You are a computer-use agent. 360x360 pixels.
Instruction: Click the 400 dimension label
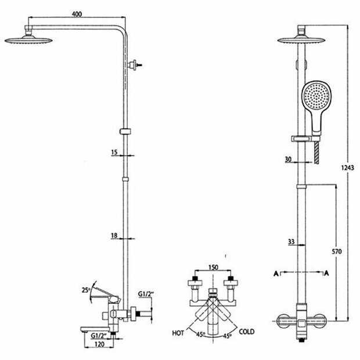click(x=77, y=14)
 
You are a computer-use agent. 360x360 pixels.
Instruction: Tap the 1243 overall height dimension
click(x=347, y=168)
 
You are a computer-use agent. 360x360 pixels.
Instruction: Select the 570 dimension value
click(x=337, y=251)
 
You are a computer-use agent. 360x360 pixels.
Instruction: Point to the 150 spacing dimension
click(x=213, y=268)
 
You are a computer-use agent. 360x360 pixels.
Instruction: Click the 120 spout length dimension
click(x=99, y=344)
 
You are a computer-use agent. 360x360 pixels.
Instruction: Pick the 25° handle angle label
click(x=85, y=290)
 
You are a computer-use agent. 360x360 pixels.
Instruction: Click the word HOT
click(x=178, y=333)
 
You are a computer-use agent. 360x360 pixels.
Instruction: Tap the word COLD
click(x=247, y=332)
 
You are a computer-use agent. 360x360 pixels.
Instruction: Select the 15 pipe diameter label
click(x=114, y=152)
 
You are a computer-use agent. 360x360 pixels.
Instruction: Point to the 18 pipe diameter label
click(x=114, y=235)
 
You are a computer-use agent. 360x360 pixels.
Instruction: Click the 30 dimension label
click(x=288, y=159)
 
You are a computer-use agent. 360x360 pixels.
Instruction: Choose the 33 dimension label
click(x=291, y=242)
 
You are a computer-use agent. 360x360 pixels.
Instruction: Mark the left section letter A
click(x=276, y=273)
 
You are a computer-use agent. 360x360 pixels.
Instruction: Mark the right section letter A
click(x=326, y=273)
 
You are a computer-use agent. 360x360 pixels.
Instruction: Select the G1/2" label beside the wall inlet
click(x=145, y=294)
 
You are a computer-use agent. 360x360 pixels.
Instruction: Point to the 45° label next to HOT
click(x=200, y=334)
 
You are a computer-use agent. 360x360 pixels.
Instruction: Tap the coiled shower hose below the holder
click(x=317, y=152)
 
